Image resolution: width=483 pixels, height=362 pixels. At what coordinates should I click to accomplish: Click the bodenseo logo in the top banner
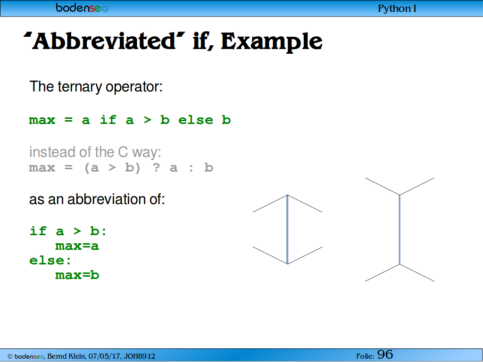(82, 8)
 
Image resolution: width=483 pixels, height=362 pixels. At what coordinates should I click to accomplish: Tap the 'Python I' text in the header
(397, 8)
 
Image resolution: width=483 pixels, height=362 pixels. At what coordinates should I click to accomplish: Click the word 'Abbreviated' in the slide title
(104, 41)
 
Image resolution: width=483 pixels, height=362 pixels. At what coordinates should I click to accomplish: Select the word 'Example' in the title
(272, 42)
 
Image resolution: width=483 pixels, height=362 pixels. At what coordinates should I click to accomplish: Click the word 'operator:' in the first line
(134, 87)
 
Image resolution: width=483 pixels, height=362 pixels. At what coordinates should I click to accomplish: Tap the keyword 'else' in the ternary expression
(196, 120)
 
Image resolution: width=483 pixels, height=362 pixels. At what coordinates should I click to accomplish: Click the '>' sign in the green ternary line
(148, 120)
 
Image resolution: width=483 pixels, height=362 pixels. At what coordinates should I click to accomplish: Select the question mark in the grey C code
(157, 167)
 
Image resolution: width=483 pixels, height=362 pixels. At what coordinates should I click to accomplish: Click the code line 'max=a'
(77, 246)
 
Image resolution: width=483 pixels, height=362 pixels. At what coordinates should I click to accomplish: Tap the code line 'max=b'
(77, 275)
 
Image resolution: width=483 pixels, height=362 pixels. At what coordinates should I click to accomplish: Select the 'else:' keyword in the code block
(50, 260)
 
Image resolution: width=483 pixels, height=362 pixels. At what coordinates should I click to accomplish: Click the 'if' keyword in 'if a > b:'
(38, 231)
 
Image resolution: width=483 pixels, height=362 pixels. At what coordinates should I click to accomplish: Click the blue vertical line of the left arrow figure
(287, 230)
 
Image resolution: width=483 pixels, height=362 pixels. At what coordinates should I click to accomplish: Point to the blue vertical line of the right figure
(400, 230)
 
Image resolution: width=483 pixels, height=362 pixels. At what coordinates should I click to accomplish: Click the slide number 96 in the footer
(385, 354)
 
